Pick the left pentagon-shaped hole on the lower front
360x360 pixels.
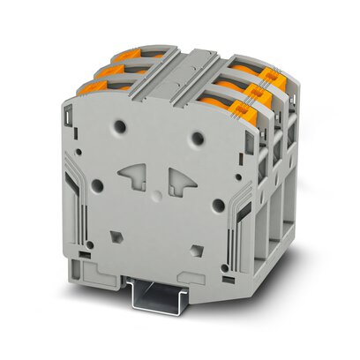[116, 236]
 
